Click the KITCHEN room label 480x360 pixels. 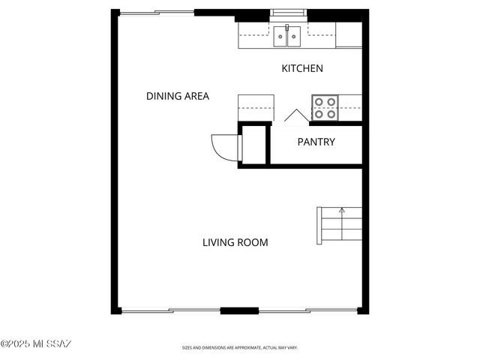coord(301,69)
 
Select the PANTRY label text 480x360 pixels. coord(316,142)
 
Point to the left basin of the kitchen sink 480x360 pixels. coord(279,34)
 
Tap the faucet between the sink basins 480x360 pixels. coord(286,28)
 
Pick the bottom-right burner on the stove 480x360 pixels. coord(331,114)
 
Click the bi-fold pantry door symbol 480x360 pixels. coord(295,115)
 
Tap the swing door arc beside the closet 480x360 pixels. coord(223,145)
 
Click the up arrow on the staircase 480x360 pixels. coord(342,211)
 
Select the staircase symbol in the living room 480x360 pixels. coord(339,225)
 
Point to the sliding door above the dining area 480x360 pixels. coord(157,12)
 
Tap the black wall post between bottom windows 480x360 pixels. coord(239,310)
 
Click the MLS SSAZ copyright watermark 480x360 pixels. coord(35,344)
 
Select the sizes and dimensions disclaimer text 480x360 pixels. coord(240,348)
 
